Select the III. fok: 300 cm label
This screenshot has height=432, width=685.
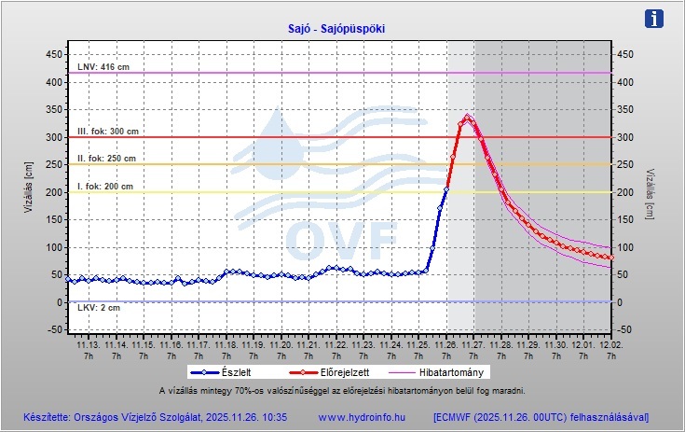107,132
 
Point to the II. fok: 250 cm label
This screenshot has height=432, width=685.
106,159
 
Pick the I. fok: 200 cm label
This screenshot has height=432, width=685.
104,187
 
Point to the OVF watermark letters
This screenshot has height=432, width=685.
340,241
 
